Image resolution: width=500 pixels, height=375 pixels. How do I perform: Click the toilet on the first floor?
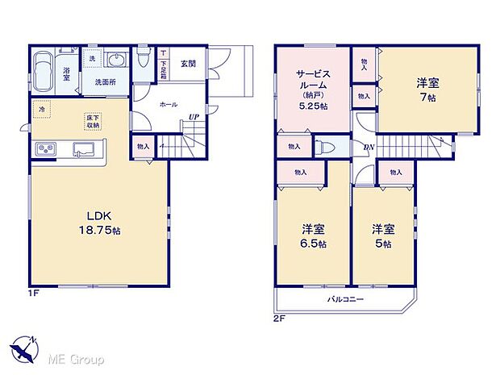(143, 59)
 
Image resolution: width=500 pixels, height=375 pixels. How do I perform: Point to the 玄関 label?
(188, 64)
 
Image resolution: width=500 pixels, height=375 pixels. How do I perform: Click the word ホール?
(169, 105)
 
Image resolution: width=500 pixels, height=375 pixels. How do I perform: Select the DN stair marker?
(369, 147)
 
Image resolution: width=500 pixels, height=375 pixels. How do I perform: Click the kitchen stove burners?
(44, 148)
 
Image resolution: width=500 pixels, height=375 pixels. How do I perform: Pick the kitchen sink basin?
(83, 148)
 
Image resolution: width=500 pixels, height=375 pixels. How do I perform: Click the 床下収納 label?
(94, 122)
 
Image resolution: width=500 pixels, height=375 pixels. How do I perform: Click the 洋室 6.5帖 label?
(313, 236)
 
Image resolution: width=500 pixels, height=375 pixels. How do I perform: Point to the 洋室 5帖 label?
(382, 236)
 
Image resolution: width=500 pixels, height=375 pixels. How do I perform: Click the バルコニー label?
(345, 298)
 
